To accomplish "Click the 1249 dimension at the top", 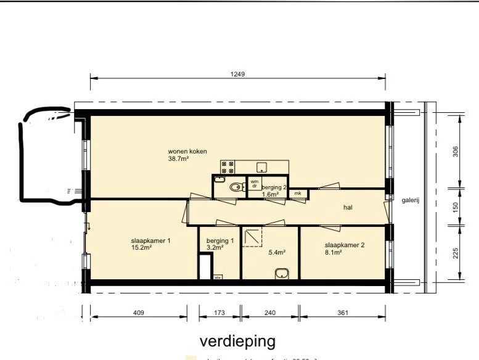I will point(238,74).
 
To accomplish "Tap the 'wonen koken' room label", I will point(187,152).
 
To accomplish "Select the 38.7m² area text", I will point(178,159).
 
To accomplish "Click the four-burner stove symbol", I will point(227,166).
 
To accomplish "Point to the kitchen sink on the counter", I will point(262,166).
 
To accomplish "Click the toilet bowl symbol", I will point(234,187).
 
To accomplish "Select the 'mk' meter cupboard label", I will point(298,194).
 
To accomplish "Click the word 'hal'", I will point(348,208).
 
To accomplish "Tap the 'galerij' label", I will point(411,200).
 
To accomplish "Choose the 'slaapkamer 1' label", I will point(150,241).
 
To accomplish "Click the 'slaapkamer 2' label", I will point(345,245).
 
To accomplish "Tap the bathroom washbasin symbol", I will point(282,272).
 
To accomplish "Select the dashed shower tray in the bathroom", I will point(252,236).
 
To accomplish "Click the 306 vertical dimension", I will point(456,151).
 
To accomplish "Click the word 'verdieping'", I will point(237,341).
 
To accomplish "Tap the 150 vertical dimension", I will point(456,206).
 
